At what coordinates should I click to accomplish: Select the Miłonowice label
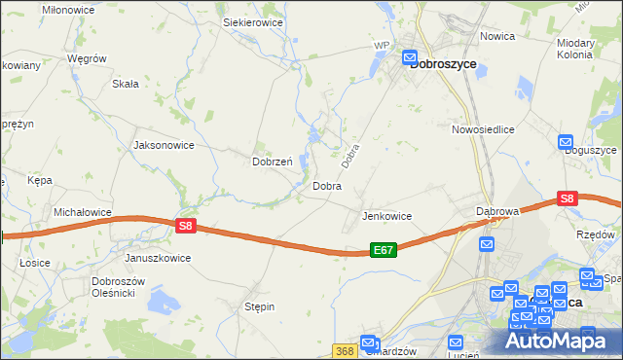pyautogui.click(x=67, y=8)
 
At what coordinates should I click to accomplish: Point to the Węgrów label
pyautogui.click(x=86, y=58)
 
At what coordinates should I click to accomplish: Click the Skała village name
pyautogui.click(x=126, y=84)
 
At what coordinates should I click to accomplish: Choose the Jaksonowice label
pyautogui.click(x=164, y=145)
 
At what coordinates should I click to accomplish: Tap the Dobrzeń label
pyautogui.click(x=273, y=162)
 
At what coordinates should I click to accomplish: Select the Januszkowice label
pyautogui.click(x=158, y=258)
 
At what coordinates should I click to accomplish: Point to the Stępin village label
pyautogui.click(x=259, y=306)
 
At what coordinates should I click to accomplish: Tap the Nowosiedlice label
pyautogui.click(x=482, y=128)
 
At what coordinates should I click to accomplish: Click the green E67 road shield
pyautogui.click(x=384, y=250)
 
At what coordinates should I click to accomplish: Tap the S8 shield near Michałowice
pyautogui.click(x=188, y=226)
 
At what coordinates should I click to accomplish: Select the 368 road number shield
pyautogui.click(x=344, y=350)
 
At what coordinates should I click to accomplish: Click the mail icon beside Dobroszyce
pyautogui.click(x=411, y=56)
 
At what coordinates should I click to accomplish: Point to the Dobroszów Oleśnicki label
pyautogui.click(x=119, y=287)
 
